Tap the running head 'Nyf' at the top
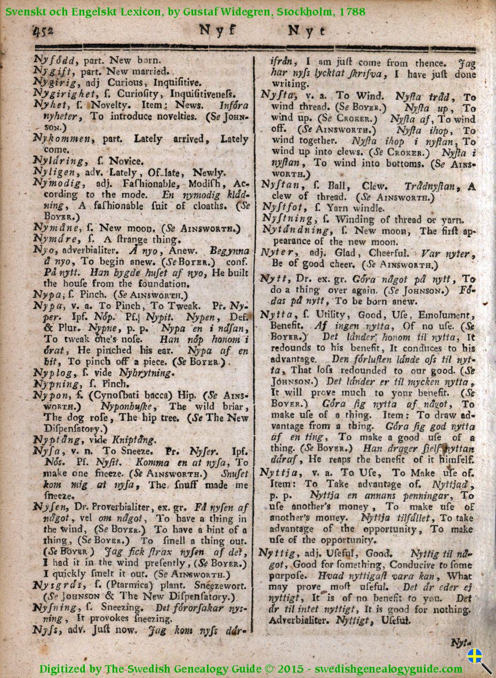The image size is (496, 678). (x=217, y=30)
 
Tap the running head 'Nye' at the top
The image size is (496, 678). (x=307, y=31)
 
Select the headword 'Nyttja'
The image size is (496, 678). (x=278, y=473)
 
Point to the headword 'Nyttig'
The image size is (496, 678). (x=277, y=553)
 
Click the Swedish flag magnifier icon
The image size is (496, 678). (x=479, y=659)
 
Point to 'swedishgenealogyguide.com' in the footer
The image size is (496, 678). (x=388, y=669)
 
